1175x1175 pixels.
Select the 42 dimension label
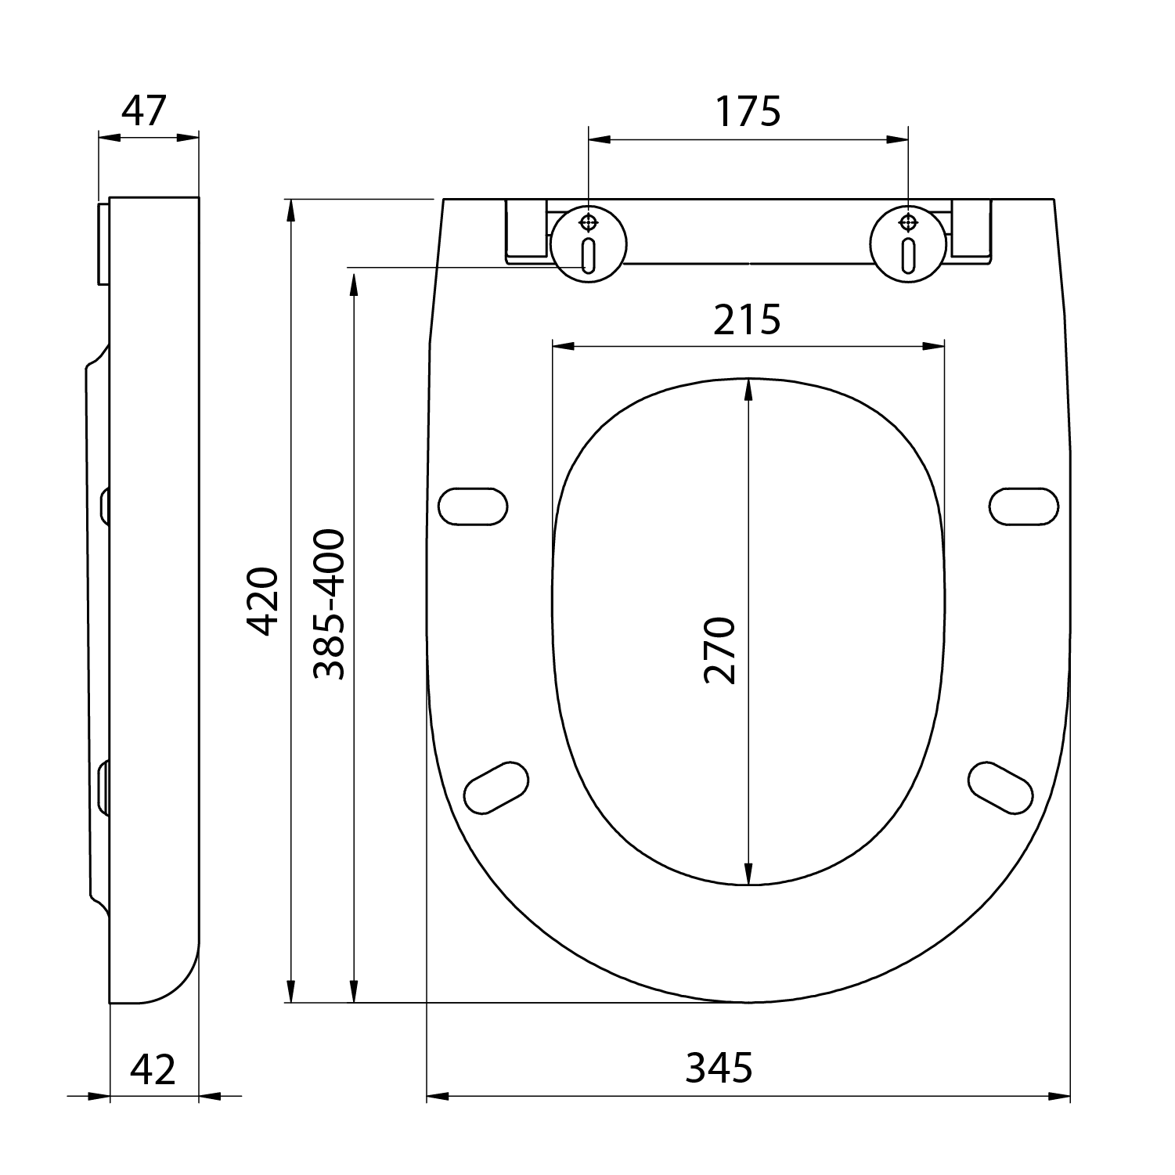point(153,1069)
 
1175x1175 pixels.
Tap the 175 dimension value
point(748,111)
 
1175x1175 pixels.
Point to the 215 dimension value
point(747,319)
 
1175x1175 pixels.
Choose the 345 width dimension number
point(719,1068)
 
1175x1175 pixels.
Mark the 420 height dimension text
point(262,601)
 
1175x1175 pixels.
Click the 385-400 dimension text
point(329,604)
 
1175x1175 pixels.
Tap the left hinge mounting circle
point(589,243)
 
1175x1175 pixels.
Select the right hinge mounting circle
point(908,243)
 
